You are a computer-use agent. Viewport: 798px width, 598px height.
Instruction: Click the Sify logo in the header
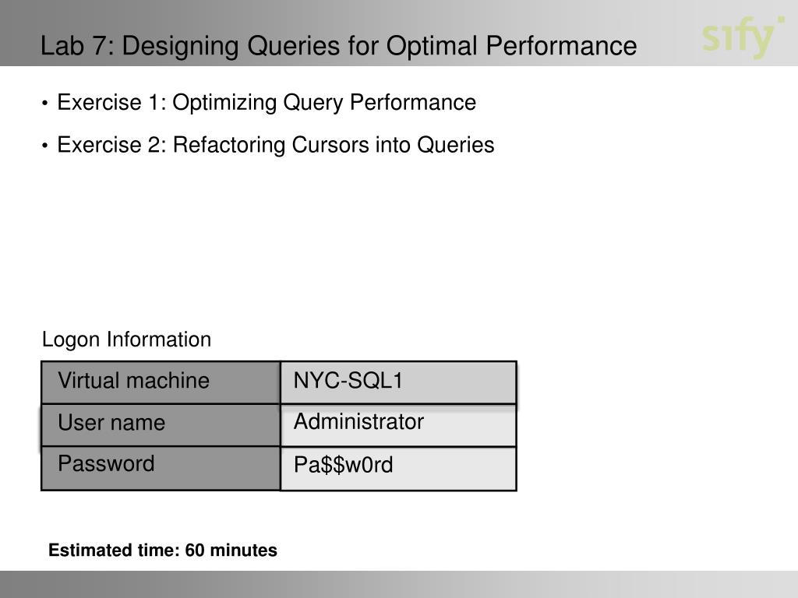click(x=742, y=37)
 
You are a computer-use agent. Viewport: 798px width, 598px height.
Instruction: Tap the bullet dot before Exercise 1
click(x=47, y=104)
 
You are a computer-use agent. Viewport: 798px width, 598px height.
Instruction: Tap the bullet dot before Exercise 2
click(x=47, y=146)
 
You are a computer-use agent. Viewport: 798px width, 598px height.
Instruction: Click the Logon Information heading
click(x=126, y=340)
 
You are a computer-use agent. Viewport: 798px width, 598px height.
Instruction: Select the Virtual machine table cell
click(x=161, y=382)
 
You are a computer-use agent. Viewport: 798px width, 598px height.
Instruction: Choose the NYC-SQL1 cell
click(x=398, y=382)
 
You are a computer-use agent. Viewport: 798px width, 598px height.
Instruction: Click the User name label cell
click(x=161, y=424)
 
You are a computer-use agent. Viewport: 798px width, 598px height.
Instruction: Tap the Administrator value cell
click(x=398, y=424)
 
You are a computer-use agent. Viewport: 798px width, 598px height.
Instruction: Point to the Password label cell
click(x=161, y=466)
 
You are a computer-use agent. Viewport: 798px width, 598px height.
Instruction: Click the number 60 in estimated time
click(x=195, y=551)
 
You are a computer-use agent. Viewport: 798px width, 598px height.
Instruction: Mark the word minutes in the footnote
click(x=243, y=551)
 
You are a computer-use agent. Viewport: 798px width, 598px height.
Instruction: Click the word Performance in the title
click(x=561, y=47)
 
